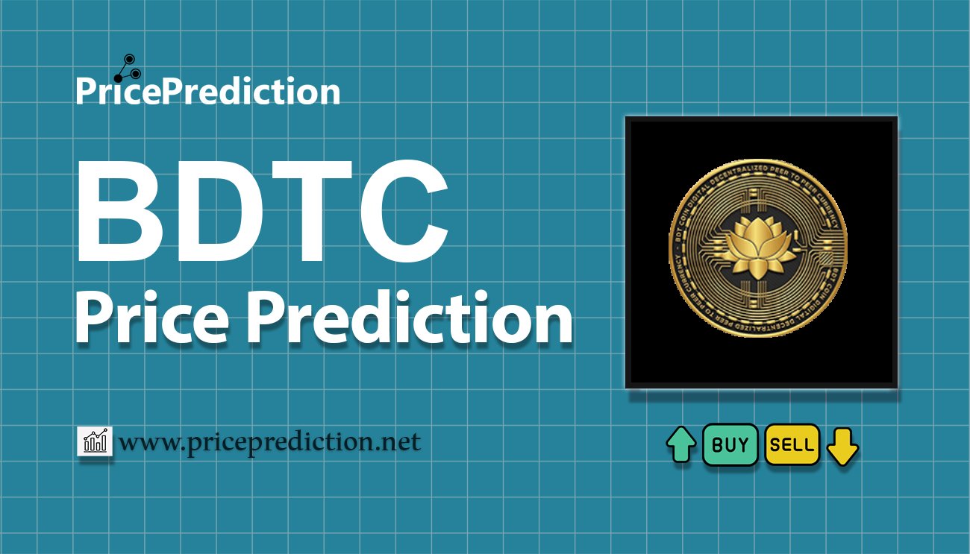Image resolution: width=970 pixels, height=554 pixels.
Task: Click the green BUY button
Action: pyautogui.click(x=730, y=445)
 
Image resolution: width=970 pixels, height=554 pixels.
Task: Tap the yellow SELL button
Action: pyautogui.click(x=792, y=445)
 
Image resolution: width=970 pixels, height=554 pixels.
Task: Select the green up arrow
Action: pyautogui.click(x=680, y=445)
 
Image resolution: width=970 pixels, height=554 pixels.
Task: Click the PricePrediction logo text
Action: pyautogui.click(x=207, y=92)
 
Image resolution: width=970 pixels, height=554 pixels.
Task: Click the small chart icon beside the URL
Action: pyautogui.click(x=95, y=442)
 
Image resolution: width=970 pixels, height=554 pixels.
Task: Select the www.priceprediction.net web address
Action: pyautogui.click(x=270, y=443)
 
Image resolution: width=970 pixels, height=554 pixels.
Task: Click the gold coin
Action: pyautogui.click(x=757, y=251)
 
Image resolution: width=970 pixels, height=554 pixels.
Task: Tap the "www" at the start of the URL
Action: pyautogui.click(x=146, y=444)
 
